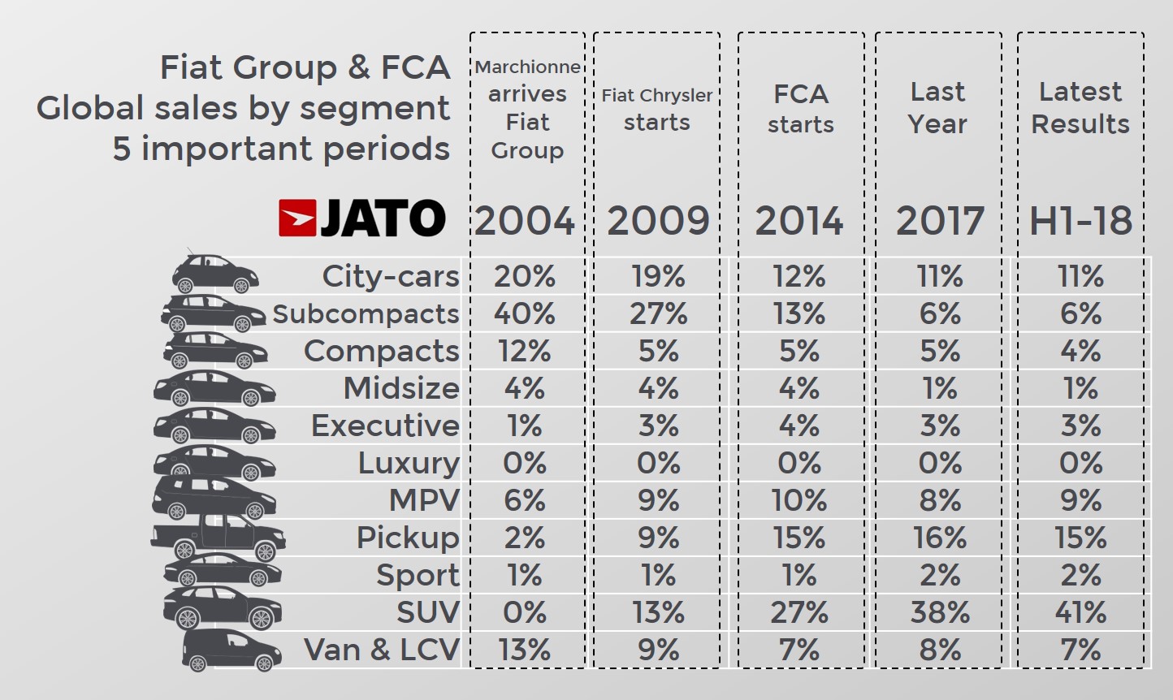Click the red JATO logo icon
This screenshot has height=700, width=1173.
[296, 218]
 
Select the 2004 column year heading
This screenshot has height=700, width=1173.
[525, 221]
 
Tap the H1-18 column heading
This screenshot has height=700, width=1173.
[1080, 221]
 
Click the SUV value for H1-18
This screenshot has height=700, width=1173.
[1080, 612]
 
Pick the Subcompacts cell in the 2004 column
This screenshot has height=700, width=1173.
[525, 313]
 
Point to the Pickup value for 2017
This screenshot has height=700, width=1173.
[940, 538]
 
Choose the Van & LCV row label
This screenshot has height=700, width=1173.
[382, 650]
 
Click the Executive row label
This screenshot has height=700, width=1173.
[385, 426]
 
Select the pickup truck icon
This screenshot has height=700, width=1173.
[218, 537]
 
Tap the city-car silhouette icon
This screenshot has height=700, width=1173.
[214, 274]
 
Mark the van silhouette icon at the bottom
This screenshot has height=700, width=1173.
[231, 650]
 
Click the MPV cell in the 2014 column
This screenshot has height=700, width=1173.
[799, 500]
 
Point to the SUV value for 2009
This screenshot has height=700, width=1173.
[658, 612]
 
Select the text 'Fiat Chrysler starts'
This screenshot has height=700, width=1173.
[656, 109]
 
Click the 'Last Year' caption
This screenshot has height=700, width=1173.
[938, 108]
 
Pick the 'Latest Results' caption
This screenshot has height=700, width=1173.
[1080, 108]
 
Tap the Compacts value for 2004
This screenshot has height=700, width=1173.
[525, 351]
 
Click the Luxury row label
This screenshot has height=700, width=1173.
[409, 463]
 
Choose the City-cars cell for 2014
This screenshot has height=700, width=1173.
[799, 276]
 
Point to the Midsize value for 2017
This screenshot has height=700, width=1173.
[940, 388]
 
